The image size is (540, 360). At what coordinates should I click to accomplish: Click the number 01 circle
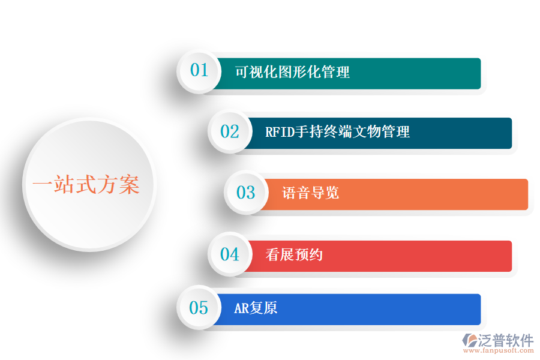(199, 70)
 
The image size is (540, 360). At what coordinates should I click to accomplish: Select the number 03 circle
(246, 193)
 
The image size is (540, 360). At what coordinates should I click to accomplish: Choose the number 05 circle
(199, 308)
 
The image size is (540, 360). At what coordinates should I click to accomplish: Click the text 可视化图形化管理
(292, 73)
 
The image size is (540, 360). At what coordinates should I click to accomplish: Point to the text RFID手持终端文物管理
(337, 132)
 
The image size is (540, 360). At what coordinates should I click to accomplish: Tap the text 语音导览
(310, 193)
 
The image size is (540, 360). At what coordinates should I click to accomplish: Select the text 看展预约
(294, 255)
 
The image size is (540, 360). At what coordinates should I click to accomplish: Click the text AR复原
(256, 308)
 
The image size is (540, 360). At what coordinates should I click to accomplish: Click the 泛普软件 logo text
(506, 340)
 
